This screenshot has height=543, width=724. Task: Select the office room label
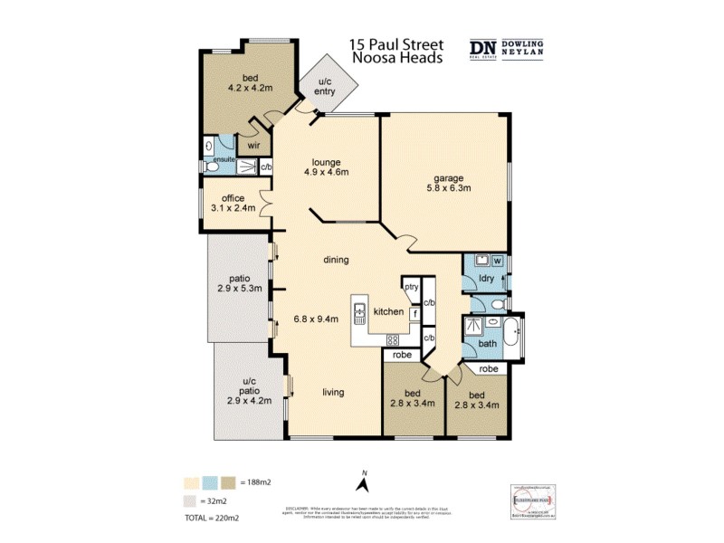tap(233, 198)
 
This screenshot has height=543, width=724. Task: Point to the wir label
tap(253, 146)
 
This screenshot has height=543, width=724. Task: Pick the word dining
tap(336, 260)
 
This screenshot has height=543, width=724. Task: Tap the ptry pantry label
tap(411, 287)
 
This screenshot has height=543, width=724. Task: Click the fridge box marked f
tap(414, 313)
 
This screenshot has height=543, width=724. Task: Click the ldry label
tap(487, 279)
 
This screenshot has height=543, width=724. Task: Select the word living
tap(337, 392)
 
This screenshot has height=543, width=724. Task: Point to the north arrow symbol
tap(361, 485)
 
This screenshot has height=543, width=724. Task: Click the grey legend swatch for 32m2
tap(191, 499)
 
